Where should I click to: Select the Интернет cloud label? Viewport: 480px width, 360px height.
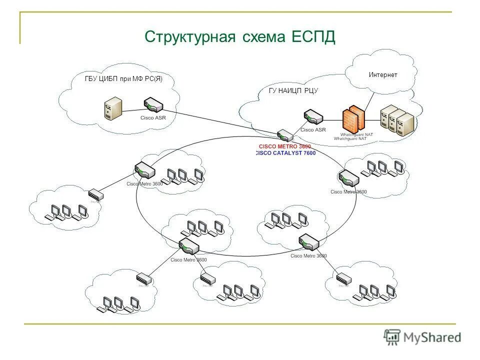(x=383, y=75)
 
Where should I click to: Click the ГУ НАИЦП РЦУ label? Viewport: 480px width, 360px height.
(x=293, y=91)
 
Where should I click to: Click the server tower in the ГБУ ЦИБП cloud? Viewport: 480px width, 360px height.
(x=113, y=108)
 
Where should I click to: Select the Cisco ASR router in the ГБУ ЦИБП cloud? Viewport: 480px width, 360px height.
(x=153, y=106)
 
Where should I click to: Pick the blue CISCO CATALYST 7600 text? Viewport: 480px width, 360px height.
(x=285, y=153)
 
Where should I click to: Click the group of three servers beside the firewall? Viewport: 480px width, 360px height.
(x=397, y=120)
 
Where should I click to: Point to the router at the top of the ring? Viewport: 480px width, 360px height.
(x=285, y=135)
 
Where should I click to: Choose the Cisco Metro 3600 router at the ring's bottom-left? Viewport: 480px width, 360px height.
(x=189, y=246)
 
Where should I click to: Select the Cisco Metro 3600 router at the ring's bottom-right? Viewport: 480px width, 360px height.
(x=308, y=242)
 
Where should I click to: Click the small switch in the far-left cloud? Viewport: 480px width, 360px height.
(x=95, y=195)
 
